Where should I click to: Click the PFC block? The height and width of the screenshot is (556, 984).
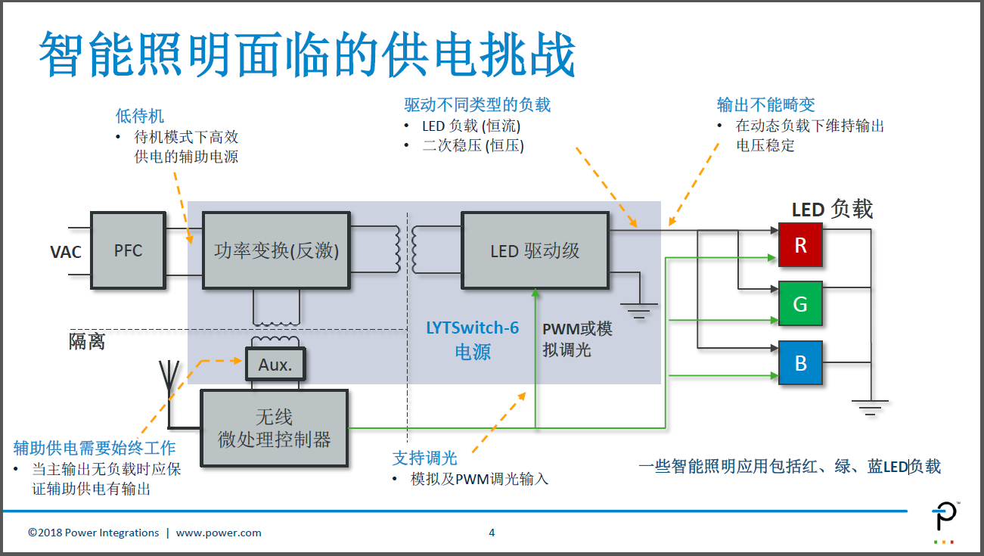click(x=128, y=250)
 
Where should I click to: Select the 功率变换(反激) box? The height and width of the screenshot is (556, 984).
click(x=276, y=250)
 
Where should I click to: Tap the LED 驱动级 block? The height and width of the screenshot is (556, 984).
click(x=535, y=250)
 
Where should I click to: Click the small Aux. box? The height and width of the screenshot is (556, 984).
click(x=275, y=365)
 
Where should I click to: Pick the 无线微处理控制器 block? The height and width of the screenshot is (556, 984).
click(x=274, y=428)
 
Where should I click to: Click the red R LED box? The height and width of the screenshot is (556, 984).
click(x=800, y=245)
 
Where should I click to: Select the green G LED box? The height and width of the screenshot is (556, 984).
click(x=800, y=304)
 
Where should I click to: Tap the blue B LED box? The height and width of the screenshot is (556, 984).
click(x=800, y=363)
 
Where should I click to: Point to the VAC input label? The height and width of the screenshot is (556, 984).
click(x=66, y=252)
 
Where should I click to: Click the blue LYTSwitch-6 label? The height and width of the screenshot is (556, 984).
click(x=473, y=328)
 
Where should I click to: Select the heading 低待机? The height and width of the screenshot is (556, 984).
click(x=139, y=116)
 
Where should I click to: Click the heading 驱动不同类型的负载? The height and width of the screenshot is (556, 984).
click(x=477, y=105)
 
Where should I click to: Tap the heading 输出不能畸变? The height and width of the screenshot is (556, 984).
click(x=765, y=105)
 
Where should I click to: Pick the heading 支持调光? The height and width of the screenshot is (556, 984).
click(x=424, y=458)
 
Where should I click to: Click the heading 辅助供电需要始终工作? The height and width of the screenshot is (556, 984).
click(x=95, y=447)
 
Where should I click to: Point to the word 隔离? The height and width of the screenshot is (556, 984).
click(x=87, y=342)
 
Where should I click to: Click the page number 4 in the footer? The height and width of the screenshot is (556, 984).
click(x=492, y=533)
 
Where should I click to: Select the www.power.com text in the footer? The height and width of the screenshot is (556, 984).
click(x=219, y=533)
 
